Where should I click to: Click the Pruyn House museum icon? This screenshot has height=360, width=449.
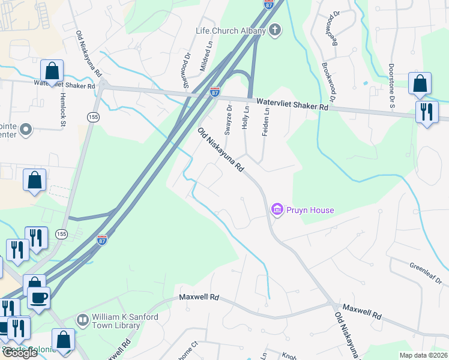[277, 210]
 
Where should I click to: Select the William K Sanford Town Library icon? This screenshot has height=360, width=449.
[83, 321]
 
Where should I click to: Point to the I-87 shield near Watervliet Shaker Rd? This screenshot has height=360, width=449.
[215, 92]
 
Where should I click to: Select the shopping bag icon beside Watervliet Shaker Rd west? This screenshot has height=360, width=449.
[52, 70]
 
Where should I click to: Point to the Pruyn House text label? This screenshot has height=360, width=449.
[310, 210]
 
